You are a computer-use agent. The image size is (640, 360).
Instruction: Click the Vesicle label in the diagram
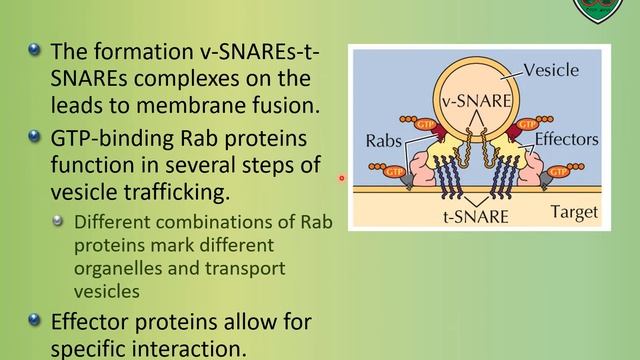pos(554,71)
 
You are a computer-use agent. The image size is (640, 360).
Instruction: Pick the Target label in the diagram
pos(574,212)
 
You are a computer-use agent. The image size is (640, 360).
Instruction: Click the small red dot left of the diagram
pos(341,179)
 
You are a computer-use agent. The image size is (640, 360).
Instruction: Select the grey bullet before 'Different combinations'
pos(59,222)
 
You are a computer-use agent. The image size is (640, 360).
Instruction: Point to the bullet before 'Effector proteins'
pos(36,321)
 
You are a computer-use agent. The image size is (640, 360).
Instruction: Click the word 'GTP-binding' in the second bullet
pos(108,138)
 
